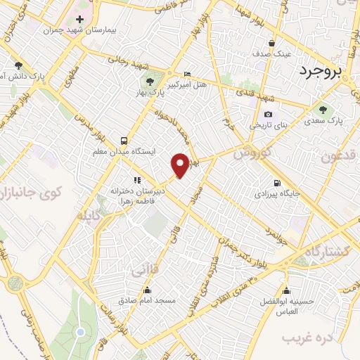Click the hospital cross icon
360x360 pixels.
(79, 19)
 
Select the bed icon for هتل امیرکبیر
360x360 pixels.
(186, 74)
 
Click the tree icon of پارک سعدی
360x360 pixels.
(323, 109)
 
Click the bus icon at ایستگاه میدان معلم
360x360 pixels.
(124, 140)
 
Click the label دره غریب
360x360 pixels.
(307, 339)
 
